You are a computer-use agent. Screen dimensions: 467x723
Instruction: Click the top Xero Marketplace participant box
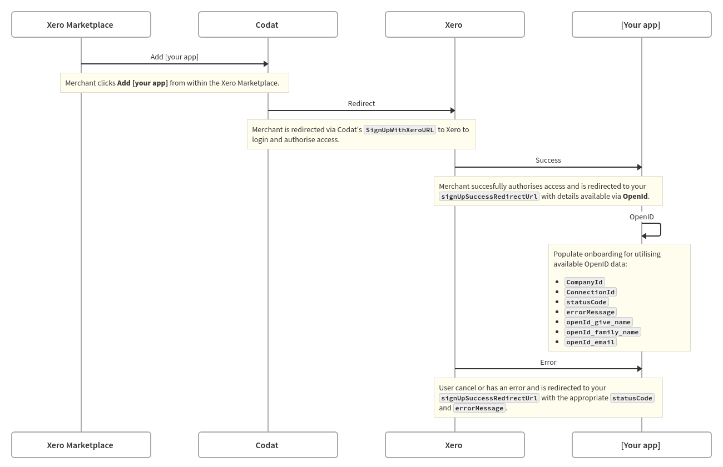tap(81, 24)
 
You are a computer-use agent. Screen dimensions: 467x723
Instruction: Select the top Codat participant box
tap(268, 24)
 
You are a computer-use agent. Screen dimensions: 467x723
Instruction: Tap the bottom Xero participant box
tap(454, 445)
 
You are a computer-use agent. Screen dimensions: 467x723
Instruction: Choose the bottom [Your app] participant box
tap(641, 445)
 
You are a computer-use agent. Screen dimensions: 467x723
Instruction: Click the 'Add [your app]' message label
tap(174, 57)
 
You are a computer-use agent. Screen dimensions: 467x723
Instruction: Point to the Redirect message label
tap(361, 103)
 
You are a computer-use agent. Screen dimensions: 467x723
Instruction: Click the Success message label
tap(548, 160)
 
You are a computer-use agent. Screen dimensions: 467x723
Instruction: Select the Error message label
tap(548, 362)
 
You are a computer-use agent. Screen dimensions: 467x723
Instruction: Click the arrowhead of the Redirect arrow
tap(453, 111)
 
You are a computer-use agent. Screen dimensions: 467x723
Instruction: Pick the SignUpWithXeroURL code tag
tap(400, 130)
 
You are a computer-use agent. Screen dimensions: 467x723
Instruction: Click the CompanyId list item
tap(584, 282)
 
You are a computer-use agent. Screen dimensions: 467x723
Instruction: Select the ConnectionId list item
tap(590, 292)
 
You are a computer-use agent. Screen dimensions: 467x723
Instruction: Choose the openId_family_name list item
tap(602, 332)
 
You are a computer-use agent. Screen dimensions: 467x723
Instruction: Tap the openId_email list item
tap(590, 342)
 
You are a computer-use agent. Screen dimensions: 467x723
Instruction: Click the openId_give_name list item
tap(598, 322)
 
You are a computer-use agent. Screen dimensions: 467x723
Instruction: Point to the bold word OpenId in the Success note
tap(635, 196)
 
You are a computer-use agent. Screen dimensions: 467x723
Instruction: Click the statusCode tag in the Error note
tap(632, 398)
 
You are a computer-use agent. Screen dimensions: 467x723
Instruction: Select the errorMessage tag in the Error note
tap(479, 408)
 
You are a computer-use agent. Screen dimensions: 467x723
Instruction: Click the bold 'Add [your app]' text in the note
tap(142, 83)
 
